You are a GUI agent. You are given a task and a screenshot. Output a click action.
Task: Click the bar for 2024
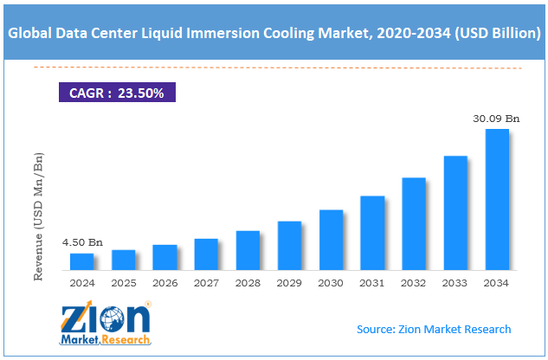pyautogui.click(x=81, y=261)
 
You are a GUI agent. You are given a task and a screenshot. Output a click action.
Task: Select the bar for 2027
pyautogui.click(x=206, y=254)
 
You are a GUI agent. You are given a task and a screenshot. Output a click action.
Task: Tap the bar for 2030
pyautogui.click(x=331, y=240)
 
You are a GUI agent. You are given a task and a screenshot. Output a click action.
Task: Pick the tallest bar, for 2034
pyautogui.click(x=497, y=200)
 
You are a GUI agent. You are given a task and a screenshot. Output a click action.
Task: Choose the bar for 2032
pyautogui.click(x=414, y=224)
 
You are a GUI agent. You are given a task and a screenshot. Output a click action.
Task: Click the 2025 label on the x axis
pyautogui.click(x=124, y=282)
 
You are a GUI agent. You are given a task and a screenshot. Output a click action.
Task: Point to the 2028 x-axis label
pyautogui.click(x=248, y=282)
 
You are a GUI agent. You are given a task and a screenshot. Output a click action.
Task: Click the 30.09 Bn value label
pyautogui.click(x=496, y=119)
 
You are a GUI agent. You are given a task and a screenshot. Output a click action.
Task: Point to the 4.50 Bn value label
pyautogui.click(x=82, y=243)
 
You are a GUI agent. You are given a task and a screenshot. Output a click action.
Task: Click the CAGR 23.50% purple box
pyautogui.click(x=117, y=91)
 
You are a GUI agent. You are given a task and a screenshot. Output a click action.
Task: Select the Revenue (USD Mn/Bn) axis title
pyautogui.click(x=38, y=217)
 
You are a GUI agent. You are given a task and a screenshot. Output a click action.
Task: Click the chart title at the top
pyautogui.click(x=274, y=35)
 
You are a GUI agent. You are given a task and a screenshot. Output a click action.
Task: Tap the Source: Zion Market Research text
pyautogui.click(x=434, y=329)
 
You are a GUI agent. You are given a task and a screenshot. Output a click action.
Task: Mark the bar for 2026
pyautogui.click(x=164, y=258)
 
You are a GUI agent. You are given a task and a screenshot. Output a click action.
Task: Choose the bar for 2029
pyautogui.click(x=289, y=246)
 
